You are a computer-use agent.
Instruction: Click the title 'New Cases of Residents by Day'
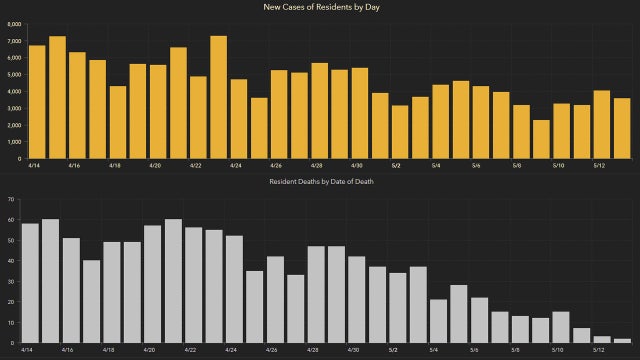click(320, 7)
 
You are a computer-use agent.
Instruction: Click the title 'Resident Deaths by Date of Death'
click(320, 182)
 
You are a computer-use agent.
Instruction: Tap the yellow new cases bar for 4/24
click(239, 119)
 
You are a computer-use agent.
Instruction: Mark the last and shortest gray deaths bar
click(621, 341)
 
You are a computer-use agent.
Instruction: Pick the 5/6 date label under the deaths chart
click(473, 350)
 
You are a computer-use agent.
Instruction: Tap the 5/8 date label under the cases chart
click(514, 165)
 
